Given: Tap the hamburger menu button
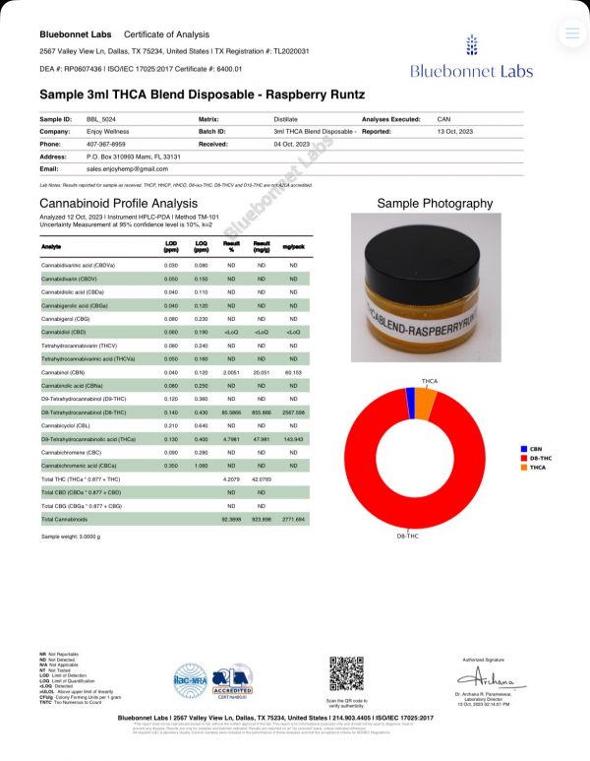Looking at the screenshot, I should (x=571, y=33).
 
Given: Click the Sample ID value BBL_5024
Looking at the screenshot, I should (x=101, y=118).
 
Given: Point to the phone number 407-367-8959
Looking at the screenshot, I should (x=107, y=143).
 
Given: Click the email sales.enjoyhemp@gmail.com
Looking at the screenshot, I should (x=128, y=168).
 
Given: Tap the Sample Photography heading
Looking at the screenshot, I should (x=435, y=204).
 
